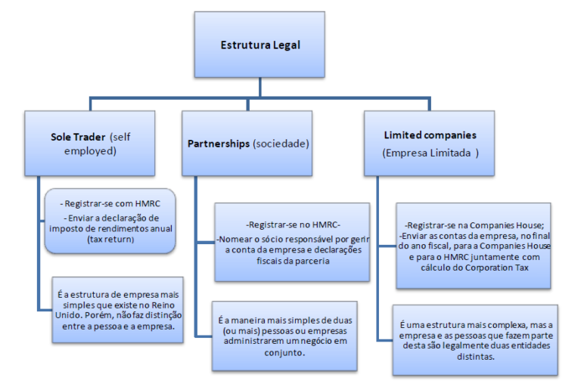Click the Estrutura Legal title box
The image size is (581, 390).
tap(259, 45)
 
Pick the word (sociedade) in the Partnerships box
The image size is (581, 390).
tap(281, 144)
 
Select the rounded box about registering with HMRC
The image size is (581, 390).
tap(110, 220)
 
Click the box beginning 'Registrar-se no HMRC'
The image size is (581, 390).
tap(292, 240)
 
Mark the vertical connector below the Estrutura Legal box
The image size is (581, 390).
tap(259, 84)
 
